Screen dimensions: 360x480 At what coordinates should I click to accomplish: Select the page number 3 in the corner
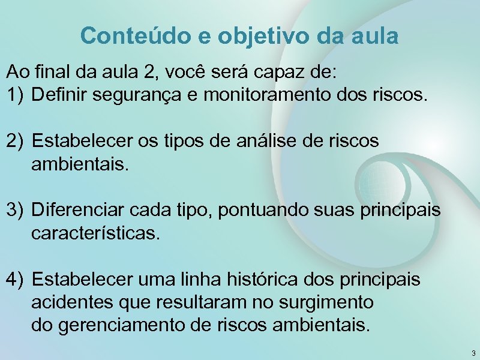(x=473, y=353)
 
